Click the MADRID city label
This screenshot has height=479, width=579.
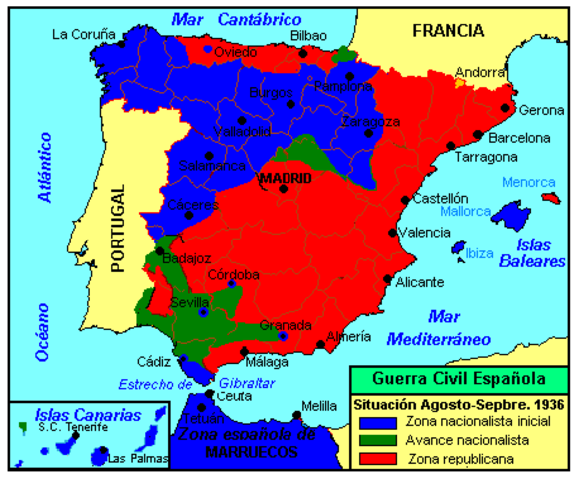(x=285, y=179)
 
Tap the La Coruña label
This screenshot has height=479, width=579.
(x=84, y=34)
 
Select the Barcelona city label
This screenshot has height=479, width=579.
(x=517, y=138)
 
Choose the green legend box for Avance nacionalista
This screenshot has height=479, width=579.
(x=370, y=440)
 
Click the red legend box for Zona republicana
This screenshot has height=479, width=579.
(x=370, y=458)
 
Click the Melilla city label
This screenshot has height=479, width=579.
(x=319, y=405)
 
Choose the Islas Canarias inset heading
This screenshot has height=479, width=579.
(x=72, y=413)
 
